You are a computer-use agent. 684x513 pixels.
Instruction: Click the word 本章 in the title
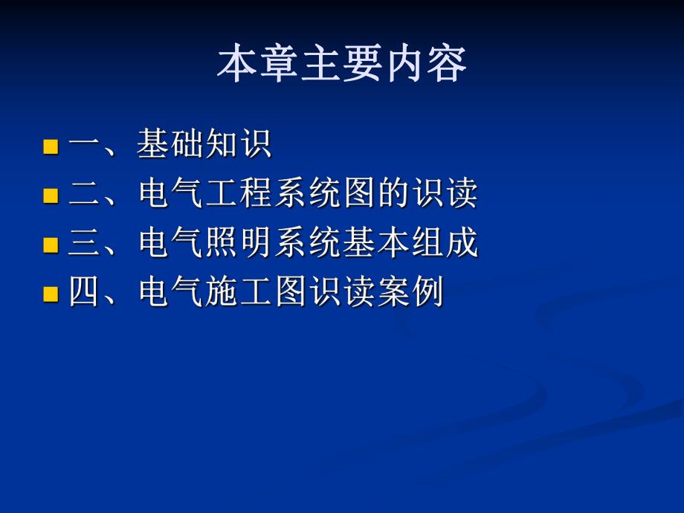(x=259, y=65)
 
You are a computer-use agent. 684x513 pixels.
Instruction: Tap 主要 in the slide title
(x=342, y=65)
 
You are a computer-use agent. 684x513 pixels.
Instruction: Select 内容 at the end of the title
(x=425, y=65)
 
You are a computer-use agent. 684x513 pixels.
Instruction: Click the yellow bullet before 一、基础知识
(x=51, y=146)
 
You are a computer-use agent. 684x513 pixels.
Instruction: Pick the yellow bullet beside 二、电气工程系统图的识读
(x=51, y=196)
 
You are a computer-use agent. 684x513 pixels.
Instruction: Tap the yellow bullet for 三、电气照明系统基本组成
(x=51, y=245)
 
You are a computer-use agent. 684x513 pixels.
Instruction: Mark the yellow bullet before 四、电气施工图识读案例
(x=51, y=294)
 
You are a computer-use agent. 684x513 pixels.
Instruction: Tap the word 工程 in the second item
(x=239, y=195)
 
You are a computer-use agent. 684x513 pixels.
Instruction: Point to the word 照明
(x=239, y=244)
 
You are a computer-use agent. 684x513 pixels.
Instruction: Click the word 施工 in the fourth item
(x=239, y=293)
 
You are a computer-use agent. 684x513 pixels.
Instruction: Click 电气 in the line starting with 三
(x=171, y=244)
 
